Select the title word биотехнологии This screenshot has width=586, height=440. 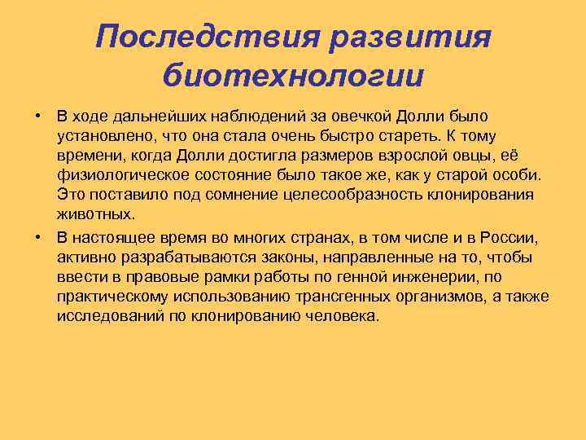[x=293, y=76]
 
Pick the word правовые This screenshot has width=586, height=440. [x=157, y=277]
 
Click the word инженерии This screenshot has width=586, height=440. [x=433, y=277]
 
